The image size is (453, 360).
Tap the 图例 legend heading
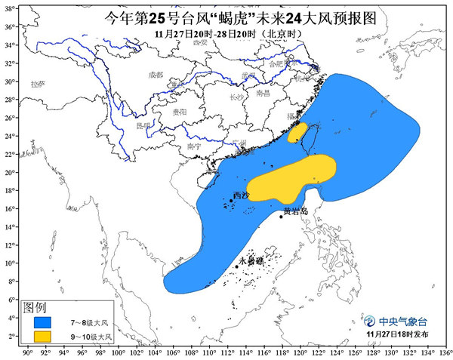(x=35, y=307)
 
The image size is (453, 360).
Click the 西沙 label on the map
(x=240, y=195)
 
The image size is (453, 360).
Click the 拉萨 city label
(x=37, y=84)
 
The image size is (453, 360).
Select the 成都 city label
(x=156, y=75)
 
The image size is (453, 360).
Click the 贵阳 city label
(x=179, y=110)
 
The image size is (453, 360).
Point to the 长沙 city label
(x=236, y=97)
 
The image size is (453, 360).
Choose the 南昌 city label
(x=263, y=93)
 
